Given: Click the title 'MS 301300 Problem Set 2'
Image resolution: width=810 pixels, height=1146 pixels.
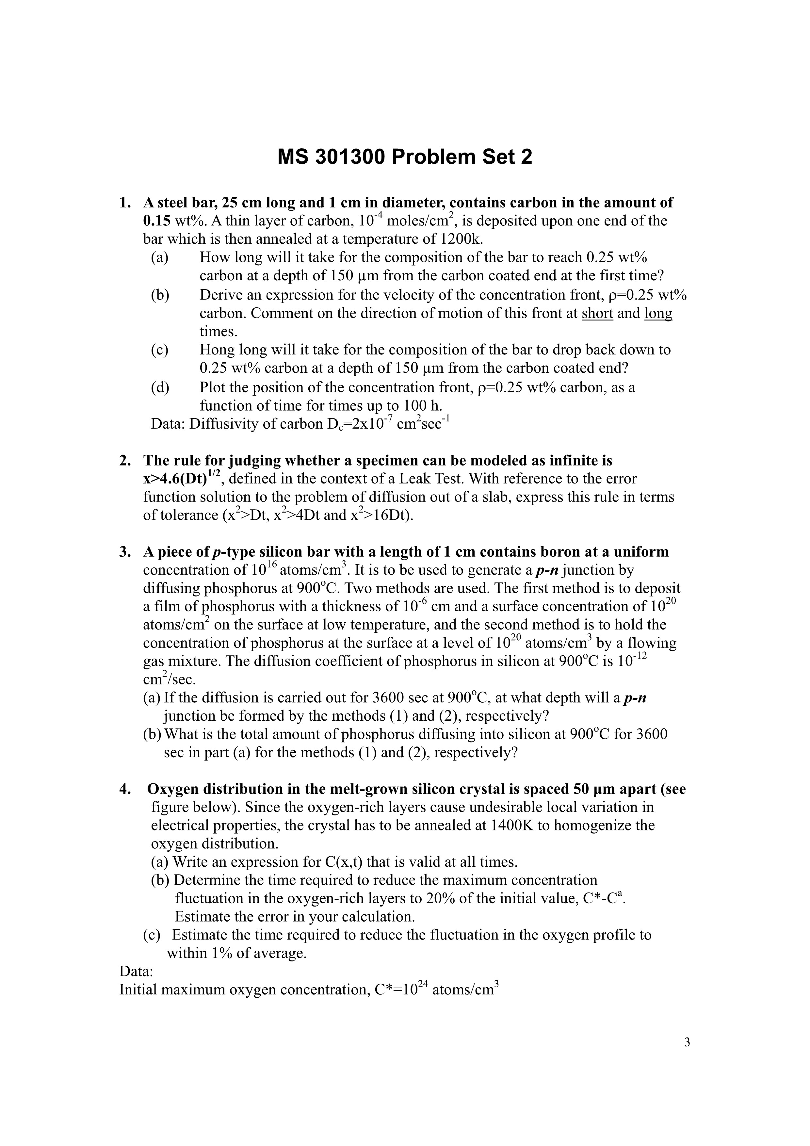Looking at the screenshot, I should [405, 157].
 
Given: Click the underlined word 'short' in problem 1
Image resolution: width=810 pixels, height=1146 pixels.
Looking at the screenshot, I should [597, 314].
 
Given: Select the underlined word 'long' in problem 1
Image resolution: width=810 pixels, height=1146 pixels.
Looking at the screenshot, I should [658, 314].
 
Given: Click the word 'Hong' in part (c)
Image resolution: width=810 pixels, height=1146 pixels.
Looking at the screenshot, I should [218, 350].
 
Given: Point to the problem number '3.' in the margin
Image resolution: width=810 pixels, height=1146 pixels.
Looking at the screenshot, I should [125, 552].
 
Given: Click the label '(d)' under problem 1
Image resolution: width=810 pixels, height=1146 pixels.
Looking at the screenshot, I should [160, 387].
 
